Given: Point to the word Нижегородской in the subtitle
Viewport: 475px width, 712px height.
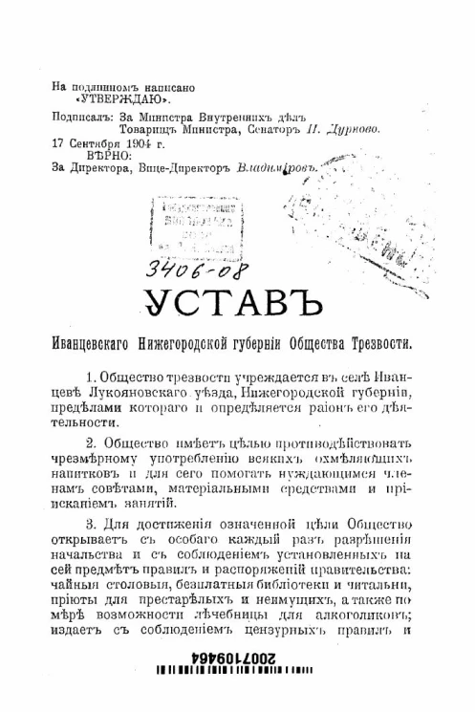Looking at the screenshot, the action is pyautogui.click(x=210, y=341).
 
